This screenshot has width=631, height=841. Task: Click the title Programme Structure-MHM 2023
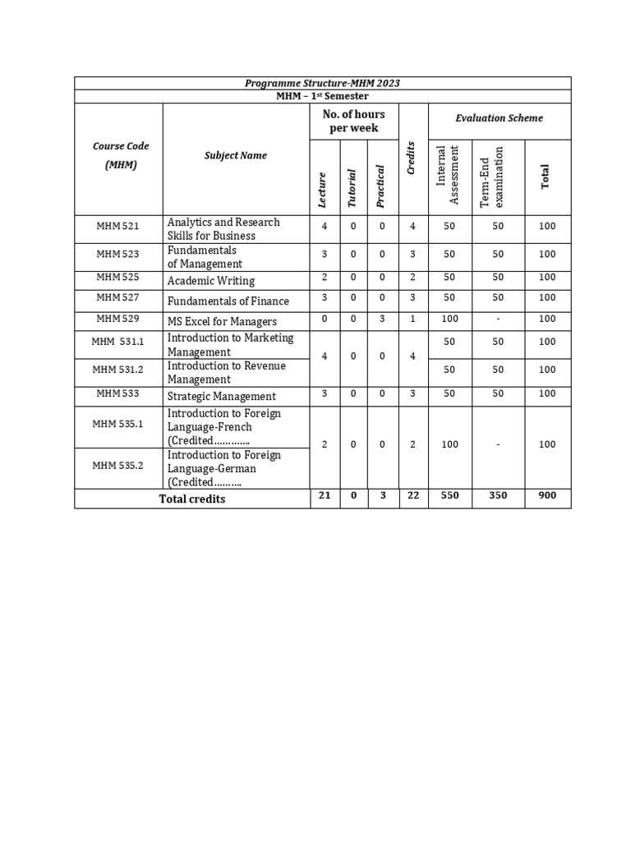click(322, 83)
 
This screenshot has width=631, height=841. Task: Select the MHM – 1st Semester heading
click(322, 96)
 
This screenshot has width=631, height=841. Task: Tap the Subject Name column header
click(236, 155)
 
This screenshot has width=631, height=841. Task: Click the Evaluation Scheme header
click(499, 118)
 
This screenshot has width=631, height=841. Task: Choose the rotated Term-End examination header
click(491, 176)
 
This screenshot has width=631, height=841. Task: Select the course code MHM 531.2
click(118, 370)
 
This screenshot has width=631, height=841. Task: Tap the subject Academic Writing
click(211, 281)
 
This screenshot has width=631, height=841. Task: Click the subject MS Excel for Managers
click(222, 322)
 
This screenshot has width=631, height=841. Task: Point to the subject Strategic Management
click(222, 397)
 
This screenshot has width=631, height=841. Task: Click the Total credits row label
click(191, 499)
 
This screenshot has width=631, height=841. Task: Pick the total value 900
click(547, 496)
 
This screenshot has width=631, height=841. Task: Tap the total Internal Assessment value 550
click(449, 496)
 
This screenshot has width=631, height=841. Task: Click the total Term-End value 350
click(498, 496)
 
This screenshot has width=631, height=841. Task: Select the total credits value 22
click(412, 496)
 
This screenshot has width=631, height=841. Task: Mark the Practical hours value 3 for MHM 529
click(382, 319)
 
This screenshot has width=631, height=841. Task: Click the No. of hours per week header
click(353, 122)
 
